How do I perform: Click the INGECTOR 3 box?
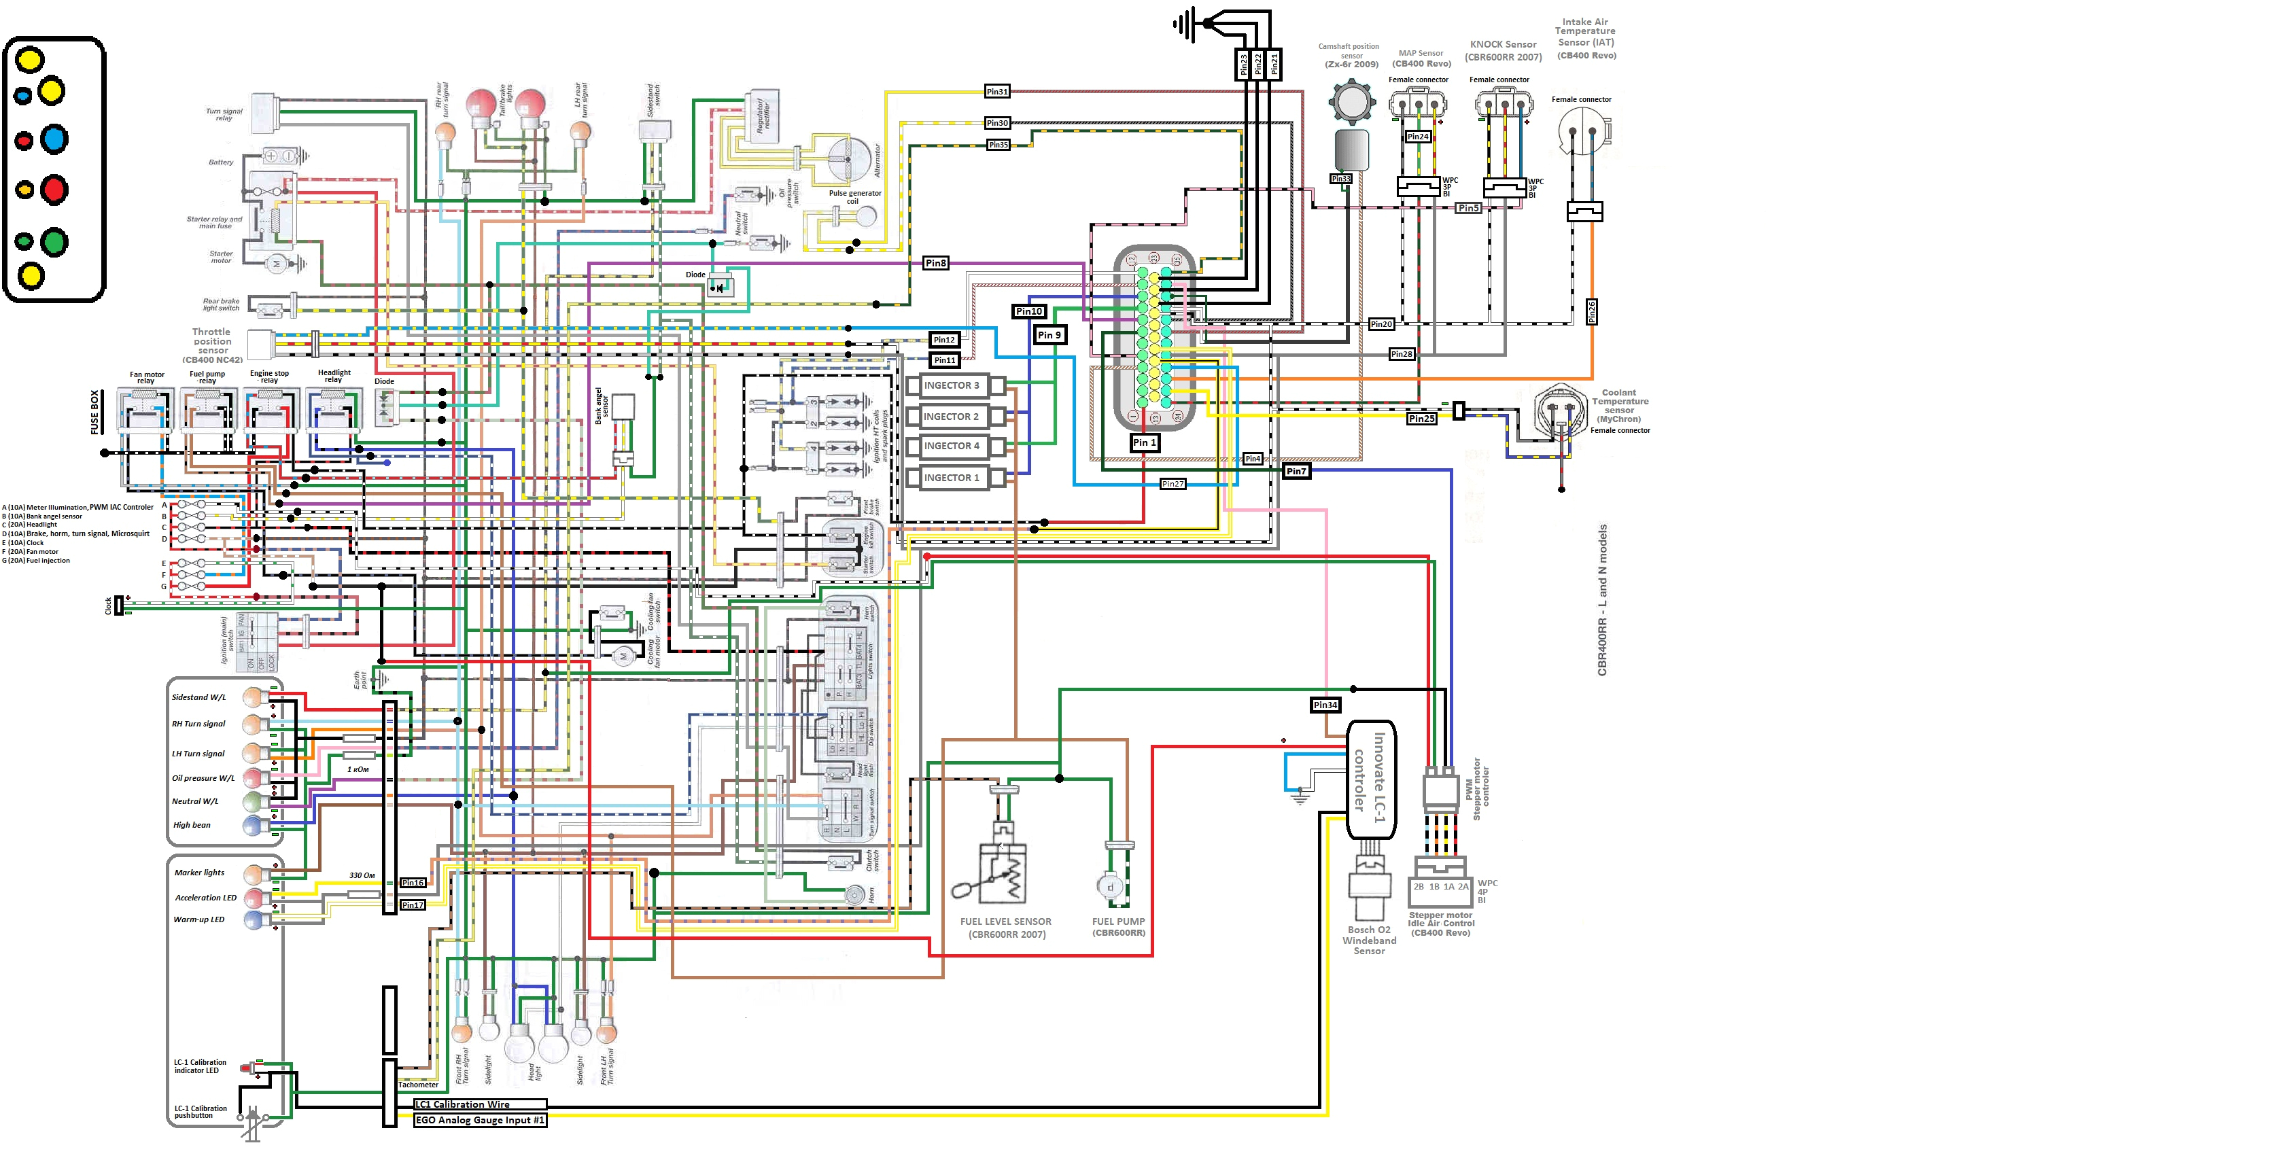click(950, 386)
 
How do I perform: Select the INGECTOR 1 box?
click(950, 478)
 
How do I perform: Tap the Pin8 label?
click(936, 263)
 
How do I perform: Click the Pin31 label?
click(997, 92)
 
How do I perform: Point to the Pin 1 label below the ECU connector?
click(1144, 442)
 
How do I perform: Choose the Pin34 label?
click(1325, 705)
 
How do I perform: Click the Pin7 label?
click(1296, 472)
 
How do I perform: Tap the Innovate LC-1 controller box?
click(1371, 779)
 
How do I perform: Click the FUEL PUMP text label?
click(1118, 922)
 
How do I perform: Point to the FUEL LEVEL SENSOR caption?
click(1005, 922)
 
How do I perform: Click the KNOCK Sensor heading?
click(1503, 44)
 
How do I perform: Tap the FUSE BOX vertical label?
click(95, 412)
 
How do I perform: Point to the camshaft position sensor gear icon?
click(1351, 101)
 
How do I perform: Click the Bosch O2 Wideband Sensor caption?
click(1370, 940)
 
